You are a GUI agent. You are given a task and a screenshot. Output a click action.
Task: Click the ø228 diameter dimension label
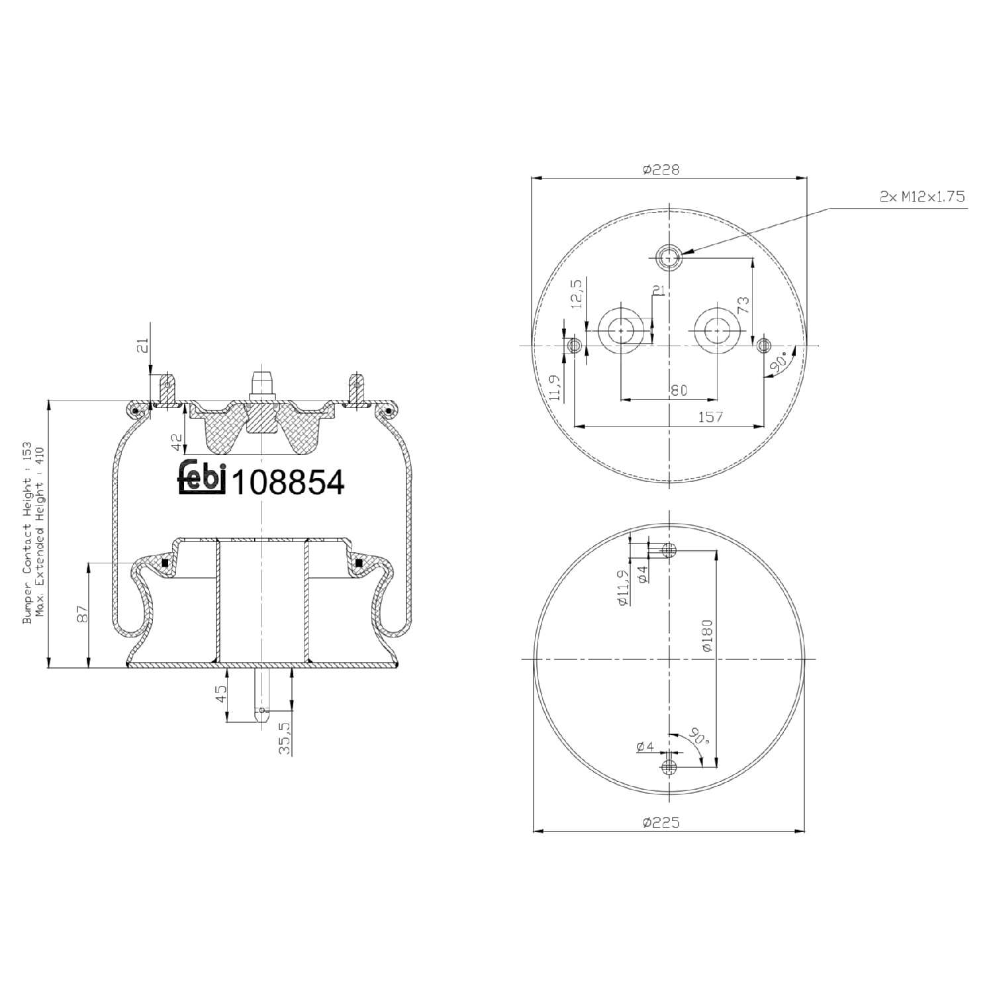tap(661, 169)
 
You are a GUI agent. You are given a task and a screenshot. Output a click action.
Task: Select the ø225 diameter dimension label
tap(661, 823)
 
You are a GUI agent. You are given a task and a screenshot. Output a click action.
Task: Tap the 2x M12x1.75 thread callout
tap(922, 197)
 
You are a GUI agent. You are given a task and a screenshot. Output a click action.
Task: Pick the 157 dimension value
tap(710, 417)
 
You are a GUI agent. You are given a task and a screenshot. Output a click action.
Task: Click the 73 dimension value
tap(743, 305)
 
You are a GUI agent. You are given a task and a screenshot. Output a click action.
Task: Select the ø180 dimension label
tap(707, 636)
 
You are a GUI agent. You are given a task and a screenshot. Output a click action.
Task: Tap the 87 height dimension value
tap(83, 614)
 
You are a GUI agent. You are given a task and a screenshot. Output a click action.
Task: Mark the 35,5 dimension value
tap(284, 738)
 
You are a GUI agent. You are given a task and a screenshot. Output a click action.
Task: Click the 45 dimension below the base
tap(222, 693)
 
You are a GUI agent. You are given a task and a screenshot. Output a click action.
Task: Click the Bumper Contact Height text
tap(27, 533)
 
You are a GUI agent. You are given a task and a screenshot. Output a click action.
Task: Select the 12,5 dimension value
tap(577, 293)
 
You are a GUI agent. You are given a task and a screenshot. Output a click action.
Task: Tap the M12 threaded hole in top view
tap(669, 257)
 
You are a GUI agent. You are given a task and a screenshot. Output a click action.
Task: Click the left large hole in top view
tap(621, 329)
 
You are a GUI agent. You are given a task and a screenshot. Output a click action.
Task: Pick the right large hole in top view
tap(717, 329)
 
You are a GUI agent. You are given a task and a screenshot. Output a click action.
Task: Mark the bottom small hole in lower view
tap(669, 767)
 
